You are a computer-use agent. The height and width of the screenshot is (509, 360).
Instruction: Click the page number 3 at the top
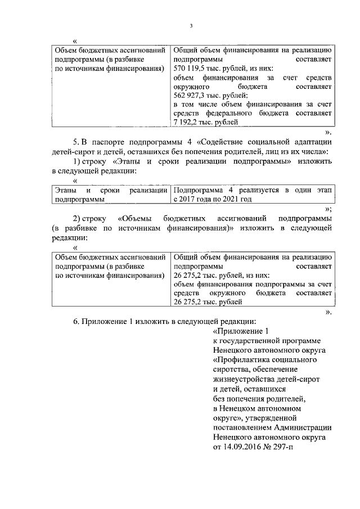click(191, 26)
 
